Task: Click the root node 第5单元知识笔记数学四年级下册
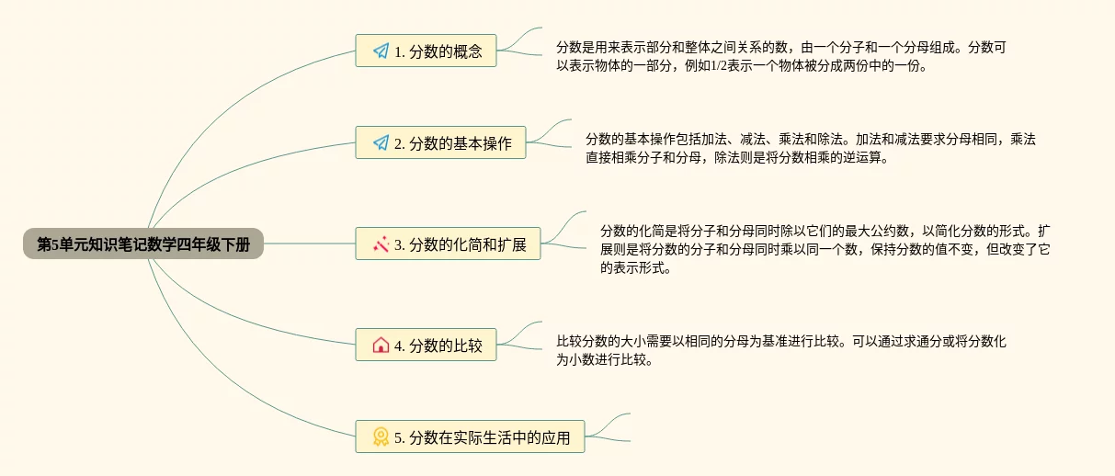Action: (142, 244)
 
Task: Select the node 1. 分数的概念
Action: (426, 51)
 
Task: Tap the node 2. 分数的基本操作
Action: (440, 142)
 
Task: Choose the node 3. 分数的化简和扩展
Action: (448, 244)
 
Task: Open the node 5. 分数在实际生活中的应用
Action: (470, 436)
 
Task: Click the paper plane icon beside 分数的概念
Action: (381, 51)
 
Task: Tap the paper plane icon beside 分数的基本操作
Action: (381, 143)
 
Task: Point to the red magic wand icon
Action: (381, 244)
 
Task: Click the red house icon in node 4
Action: (381, 346)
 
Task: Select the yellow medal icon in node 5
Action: (381, 437)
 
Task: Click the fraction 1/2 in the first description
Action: (719, 67)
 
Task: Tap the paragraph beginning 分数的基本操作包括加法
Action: (810, 149)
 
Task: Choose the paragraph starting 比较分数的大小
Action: (780, 351)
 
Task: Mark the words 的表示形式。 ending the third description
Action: (635, 269)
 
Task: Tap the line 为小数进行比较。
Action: (605, 361)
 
